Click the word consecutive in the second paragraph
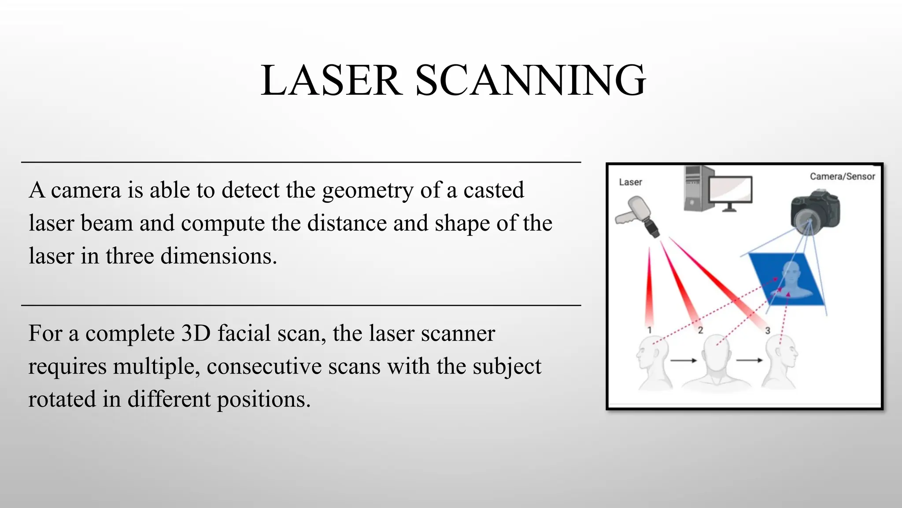293,366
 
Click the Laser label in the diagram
630,182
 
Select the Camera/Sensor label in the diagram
842,176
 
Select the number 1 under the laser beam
649,330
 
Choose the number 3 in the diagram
767,330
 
